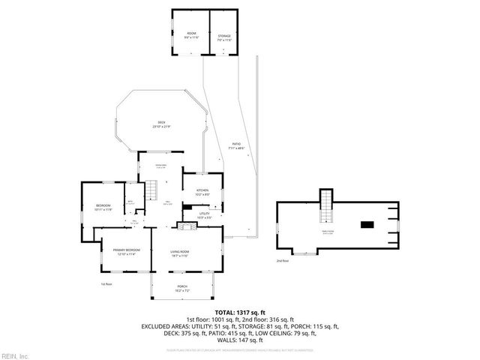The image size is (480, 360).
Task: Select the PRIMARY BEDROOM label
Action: tap(126, 251)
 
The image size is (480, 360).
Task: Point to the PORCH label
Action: tap(182, 288)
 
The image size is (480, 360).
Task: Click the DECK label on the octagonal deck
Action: tap(161, 124)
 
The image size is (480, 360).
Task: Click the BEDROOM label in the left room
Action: tap(103, 208)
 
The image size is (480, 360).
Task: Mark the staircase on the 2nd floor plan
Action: tap(325, 206)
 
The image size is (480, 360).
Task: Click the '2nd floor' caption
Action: tap(283, 260)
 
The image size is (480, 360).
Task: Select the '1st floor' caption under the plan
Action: tap(106, 284)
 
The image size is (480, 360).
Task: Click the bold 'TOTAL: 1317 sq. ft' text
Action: tap(240, 312)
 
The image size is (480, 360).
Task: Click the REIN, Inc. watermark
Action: tap(15, 355)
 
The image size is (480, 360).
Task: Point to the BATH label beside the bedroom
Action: tap(130, 201)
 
